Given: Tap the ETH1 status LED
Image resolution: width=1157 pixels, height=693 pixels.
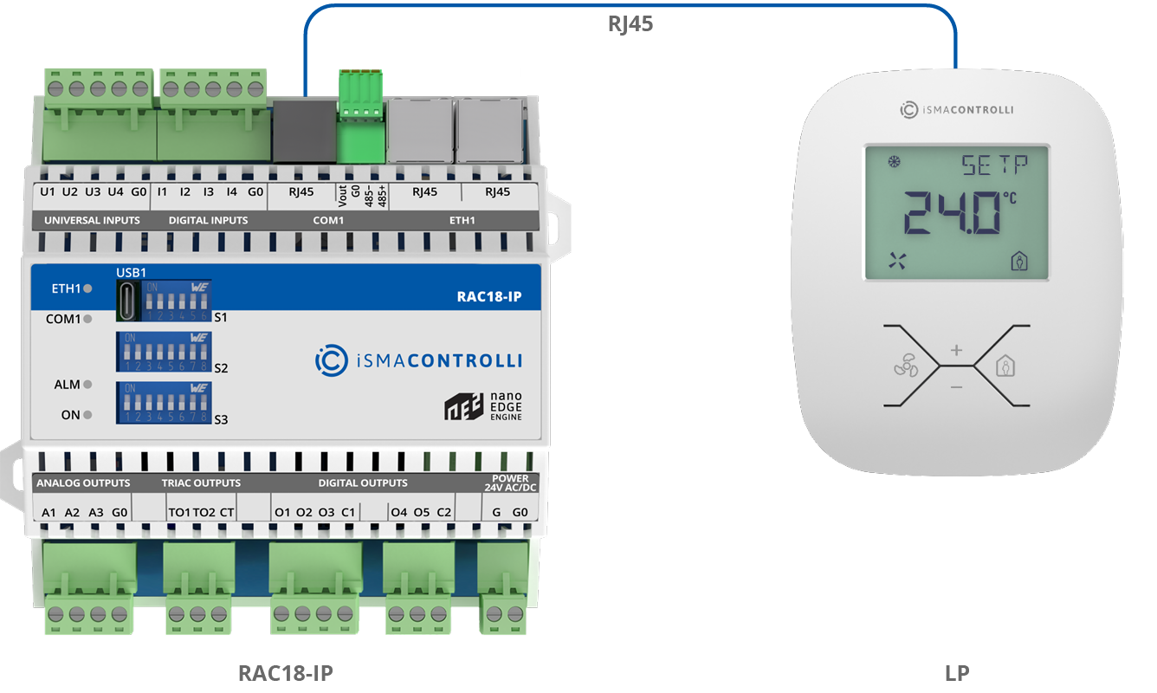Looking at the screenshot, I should pyautogui.click(x=87, y=288).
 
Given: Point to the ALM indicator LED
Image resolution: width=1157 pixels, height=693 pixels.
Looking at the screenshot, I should pyautogui.click(x=87, y=385).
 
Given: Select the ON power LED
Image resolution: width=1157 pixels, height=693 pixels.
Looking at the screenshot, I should pyautogui.click(x=87, y=415).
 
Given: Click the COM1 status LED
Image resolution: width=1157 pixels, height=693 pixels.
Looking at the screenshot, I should pyautogui.click(x=87, y=319).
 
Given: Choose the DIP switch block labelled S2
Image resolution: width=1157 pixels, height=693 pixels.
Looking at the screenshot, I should pyautogui.click(x=165, y=352).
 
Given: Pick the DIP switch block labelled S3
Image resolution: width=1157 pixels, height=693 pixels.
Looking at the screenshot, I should pyautogui.click(x=165, y=403).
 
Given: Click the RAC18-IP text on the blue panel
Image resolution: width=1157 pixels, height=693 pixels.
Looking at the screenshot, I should pyautogui.click(x=489, y=297).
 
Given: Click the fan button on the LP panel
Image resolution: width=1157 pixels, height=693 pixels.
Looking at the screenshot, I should pyautogui.click(x=903, y=367).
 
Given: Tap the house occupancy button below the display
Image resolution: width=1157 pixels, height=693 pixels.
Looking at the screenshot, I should pyautogui.click(x=1005, y=366).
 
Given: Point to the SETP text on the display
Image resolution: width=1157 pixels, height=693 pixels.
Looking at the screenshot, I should pyautogui.click(x=994, y=165).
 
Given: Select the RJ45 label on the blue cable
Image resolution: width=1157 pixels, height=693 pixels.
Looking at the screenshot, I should pyautogui.click(x=630, y=24).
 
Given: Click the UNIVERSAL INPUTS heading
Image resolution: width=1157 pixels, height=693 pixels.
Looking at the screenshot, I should pyautogui.click(x=92, y=220).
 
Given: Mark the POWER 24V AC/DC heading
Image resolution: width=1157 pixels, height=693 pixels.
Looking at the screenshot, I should pyautogui.click(x=510, y=483).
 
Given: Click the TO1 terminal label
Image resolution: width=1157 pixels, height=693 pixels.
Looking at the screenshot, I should pyautogui.click(x=179, y=512).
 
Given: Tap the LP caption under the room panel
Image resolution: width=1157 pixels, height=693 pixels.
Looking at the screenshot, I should pyautogui.click(x=957, y=673).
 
